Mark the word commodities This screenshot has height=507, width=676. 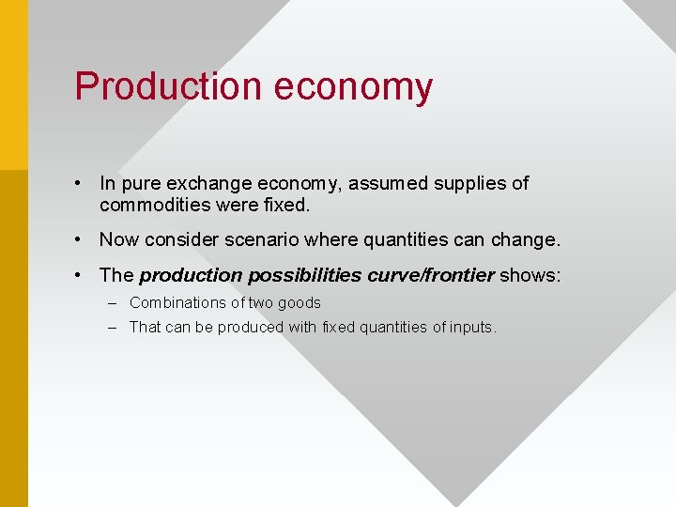point(154,205)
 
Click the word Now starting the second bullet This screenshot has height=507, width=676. point(117,239)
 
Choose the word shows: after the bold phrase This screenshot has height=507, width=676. point(530,275)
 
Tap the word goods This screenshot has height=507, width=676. point(300,303)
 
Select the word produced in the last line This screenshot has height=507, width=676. point(250,328)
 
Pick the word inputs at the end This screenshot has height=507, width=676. point(474,328)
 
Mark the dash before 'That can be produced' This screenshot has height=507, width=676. point(112,328)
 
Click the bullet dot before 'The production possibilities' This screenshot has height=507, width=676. point(82,275)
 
